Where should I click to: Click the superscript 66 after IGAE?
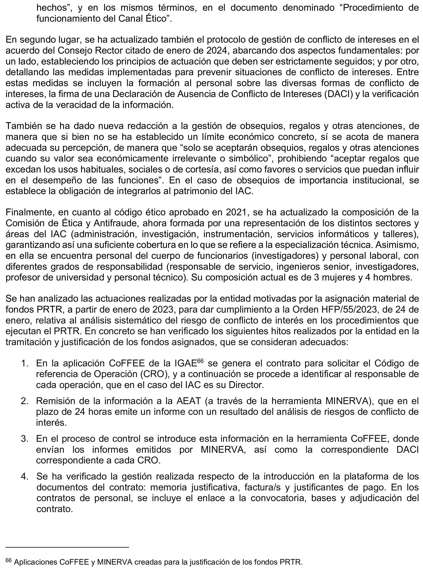(x=200, y=361)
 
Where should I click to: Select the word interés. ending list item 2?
(x=51, y=423)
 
